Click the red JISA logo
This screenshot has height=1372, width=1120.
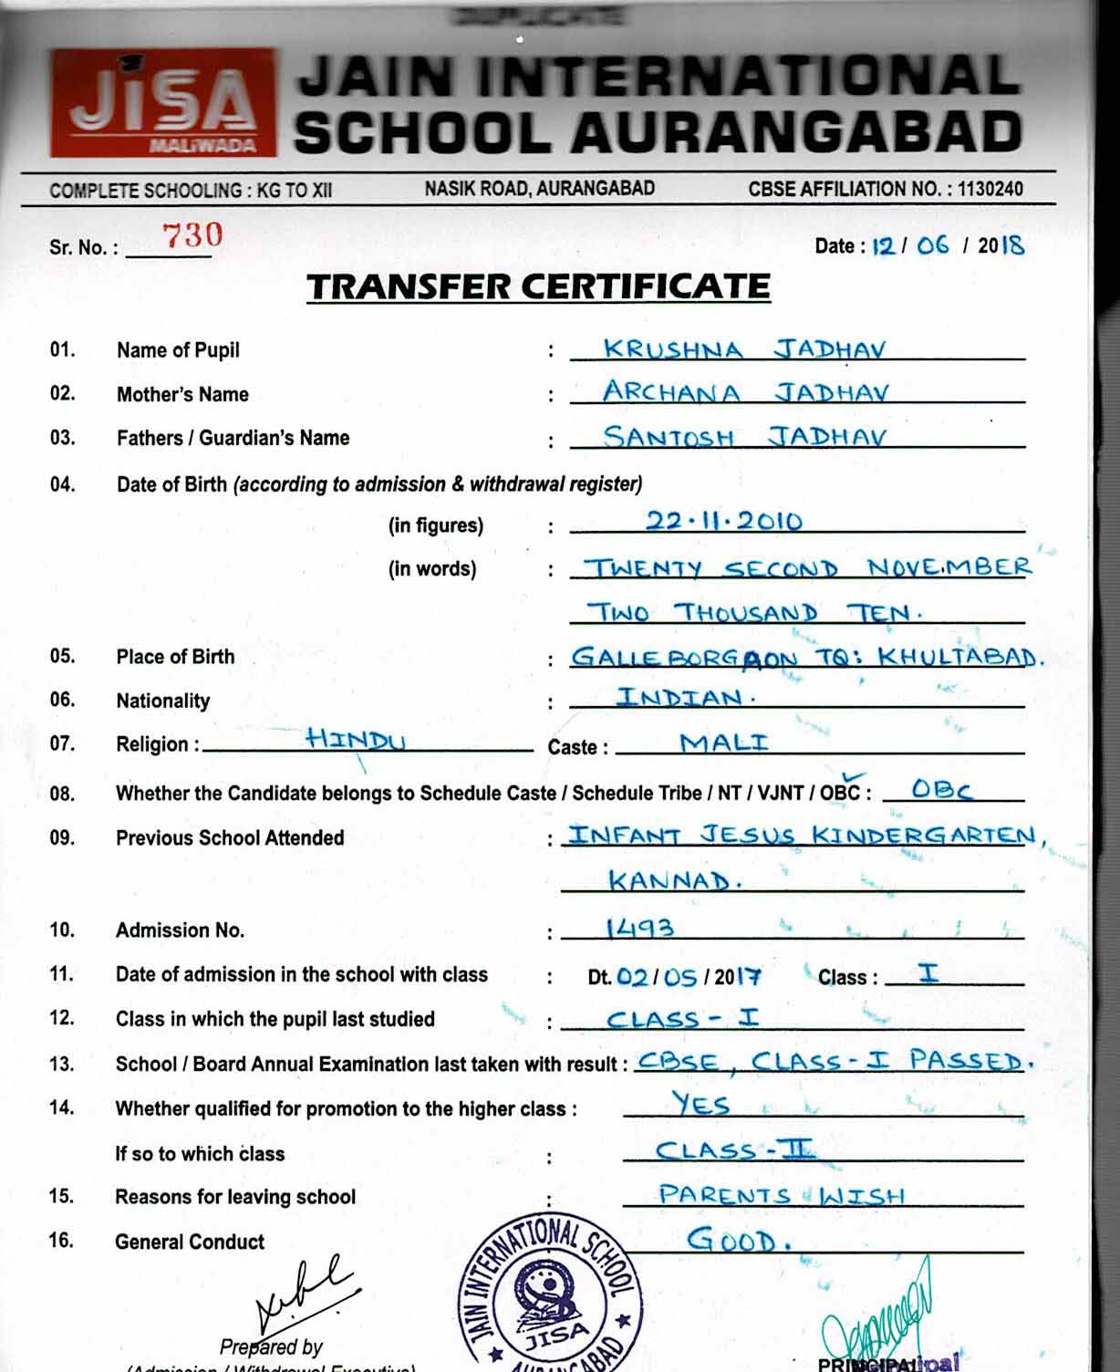pos(162,103)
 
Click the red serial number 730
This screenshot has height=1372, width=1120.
pos(192,235)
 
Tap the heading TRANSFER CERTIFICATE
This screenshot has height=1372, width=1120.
pos(538,286)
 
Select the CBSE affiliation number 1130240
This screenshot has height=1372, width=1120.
pos(990,190)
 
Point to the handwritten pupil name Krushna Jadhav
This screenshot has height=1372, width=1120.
pos(743,349)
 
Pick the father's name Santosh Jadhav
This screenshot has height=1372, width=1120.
pos(743,437)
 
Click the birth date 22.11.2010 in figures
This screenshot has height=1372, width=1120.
pos(724,521)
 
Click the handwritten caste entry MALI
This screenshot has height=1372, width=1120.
pos(724,742)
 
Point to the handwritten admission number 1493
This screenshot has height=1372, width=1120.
pos(640,929)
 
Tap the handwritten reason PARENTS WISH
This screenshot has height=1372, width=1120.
pos(782,1195)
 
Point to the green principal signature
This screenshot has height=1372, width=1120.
pos(879,1314)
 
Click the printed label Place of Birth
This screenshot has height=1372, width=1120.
pos(175,657)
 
